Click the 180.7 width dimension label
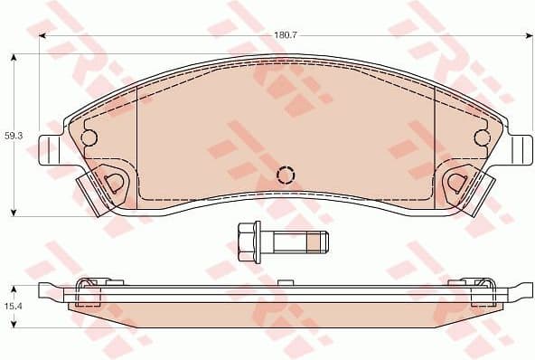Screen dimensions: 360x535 point(286,34)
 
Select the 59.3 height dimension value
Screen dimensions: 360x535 point(13,135)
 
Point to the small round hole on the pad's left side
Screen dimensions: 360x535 point(89,137)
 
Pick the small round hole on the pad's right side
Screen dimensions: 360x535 point(483,137)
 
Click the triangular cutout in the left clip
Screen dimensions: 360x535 point(115,181)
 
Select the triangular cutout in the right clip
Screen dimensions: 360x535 point(456,181)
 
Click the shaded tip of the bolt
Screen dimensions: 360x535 point(318,241)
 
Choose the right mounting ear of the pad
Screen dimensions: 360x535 point(519,150)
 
